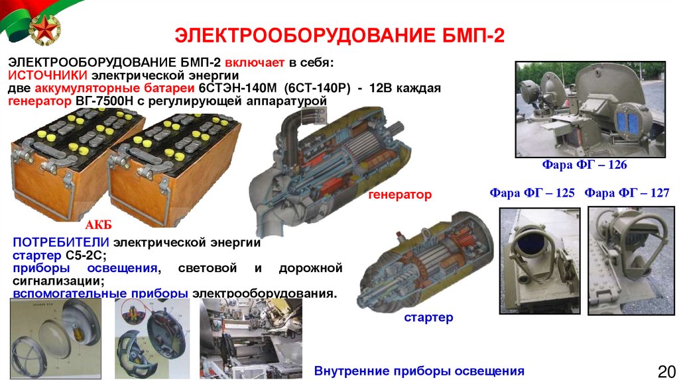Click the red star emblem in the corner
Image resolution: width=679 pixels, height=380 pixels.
click(44, 29)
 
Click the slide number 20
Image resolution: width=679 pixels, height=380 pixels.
click(666, 371)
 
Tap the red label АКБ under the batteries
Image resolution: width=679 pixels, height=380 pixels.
click(98, 225)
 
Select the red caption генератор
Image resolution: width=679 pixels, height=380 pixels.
click(400, 195)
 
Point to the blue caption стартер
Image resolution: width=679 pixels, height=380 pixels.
click(428, 318)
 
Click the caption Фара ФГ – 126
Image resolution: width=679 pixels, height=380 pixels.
click(584, 165)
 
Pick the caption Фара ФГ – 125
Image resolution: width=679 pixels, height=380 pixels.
click(532, 193)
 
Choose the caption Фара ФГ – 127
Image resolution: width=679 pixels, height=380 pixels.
click(627, 193)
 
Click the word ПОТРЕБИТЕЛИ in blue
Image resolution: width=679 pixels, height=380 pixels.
click(60, 242)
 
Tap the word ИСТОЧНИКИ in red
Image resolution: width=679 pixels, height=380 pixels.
click(48, 75)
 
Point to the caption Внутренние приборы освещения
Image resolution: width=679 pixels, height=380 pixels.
click(419, 371)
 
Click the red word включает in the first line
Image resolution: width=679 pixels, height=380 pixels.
click(255, 63)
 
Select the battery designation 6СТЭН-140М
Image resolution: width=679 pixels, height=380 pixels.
click(237, 88)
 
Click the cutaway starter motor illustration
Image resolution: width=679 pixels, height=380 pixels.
click(425, 260)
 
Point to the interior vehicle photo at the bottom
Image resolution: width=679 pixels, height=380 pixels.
click(251, 338)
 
